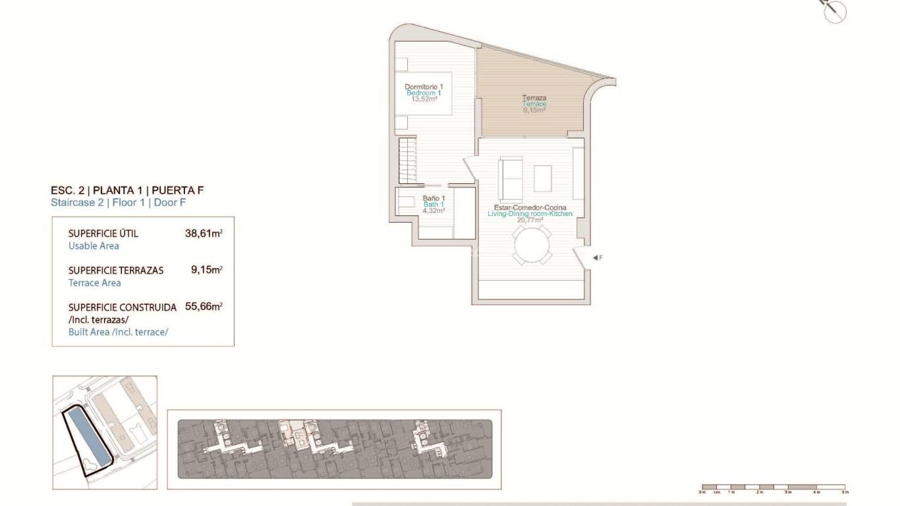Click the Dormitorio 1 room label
424,87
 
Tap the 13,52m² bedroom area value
424,99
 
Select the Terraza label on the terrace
534,98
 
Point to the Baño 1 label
434,198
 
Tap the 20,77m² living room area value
530,220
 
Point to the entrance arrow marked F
596,258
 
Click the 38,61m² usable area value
204,233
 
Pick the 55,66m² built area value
204,306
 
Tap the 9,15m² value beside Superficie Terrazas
206,269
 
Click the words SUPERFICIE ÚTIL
103,234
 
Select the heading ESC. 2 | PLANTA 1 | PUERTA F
127,190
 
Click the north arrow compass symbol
835,12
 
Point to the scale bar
773,488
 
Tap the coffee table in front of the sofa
543,177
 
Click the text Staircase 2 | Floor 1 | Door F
119,203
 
